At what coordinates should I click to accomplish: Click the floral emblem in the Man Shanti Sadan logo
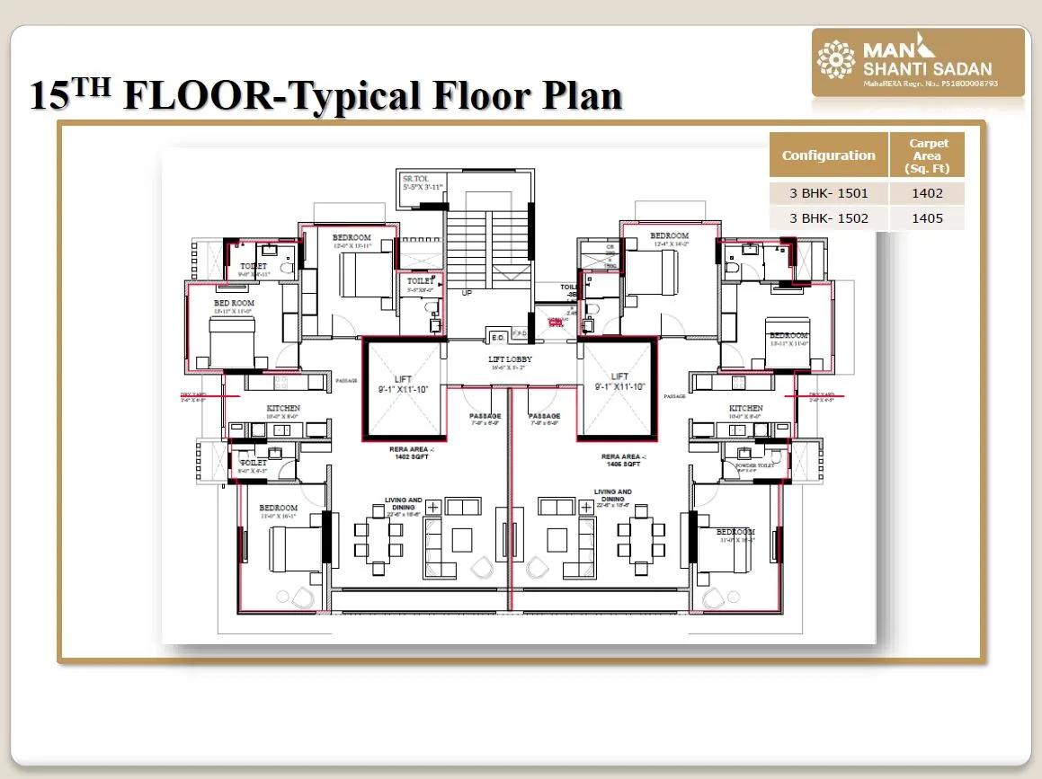(x=835, y=60)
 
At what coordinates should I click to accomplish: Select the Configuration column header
(x=828, y=155)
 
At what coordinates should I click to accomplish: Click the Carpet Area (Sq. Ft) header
(x=928, y=155)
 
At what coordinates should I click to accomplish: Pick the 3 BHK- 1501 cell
(x=828, y=193)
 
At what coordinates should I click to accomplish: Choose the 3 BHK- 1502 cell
(x=828, y=217)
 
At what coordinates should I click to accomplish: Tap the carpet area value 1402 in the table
(x=928, y=193)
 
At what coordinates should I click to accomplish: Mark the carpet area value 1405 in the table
(x=928, y=217)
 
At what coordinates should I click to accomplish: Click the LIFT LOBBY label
(x=510, y=359)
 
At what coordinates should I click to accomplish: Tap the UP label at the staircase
(x=467, y=294)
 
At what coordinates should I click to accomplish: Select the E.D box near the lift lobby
(x=496, y=337)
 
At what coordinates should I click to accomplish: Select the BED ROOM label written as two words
(x=234, y=304)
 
